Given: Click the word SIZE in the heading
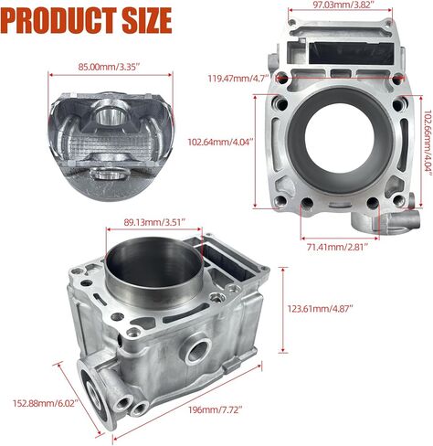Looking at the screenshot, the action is (147, 20).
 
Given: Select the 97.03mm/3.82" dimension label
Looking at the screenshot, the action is (340, 5).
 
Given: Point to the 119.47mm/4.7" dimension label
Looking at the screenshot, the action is (238, 79).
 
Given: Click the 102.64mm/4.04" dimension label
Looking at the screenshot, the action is (220, 142).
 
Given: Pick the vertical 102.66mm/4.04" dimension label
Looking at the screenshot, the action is (428, 143).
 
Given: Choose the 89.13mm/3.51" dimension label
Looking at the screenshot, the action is (154, 222).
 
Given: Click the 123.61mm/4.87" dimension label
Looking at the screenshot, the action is (321, 309).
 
